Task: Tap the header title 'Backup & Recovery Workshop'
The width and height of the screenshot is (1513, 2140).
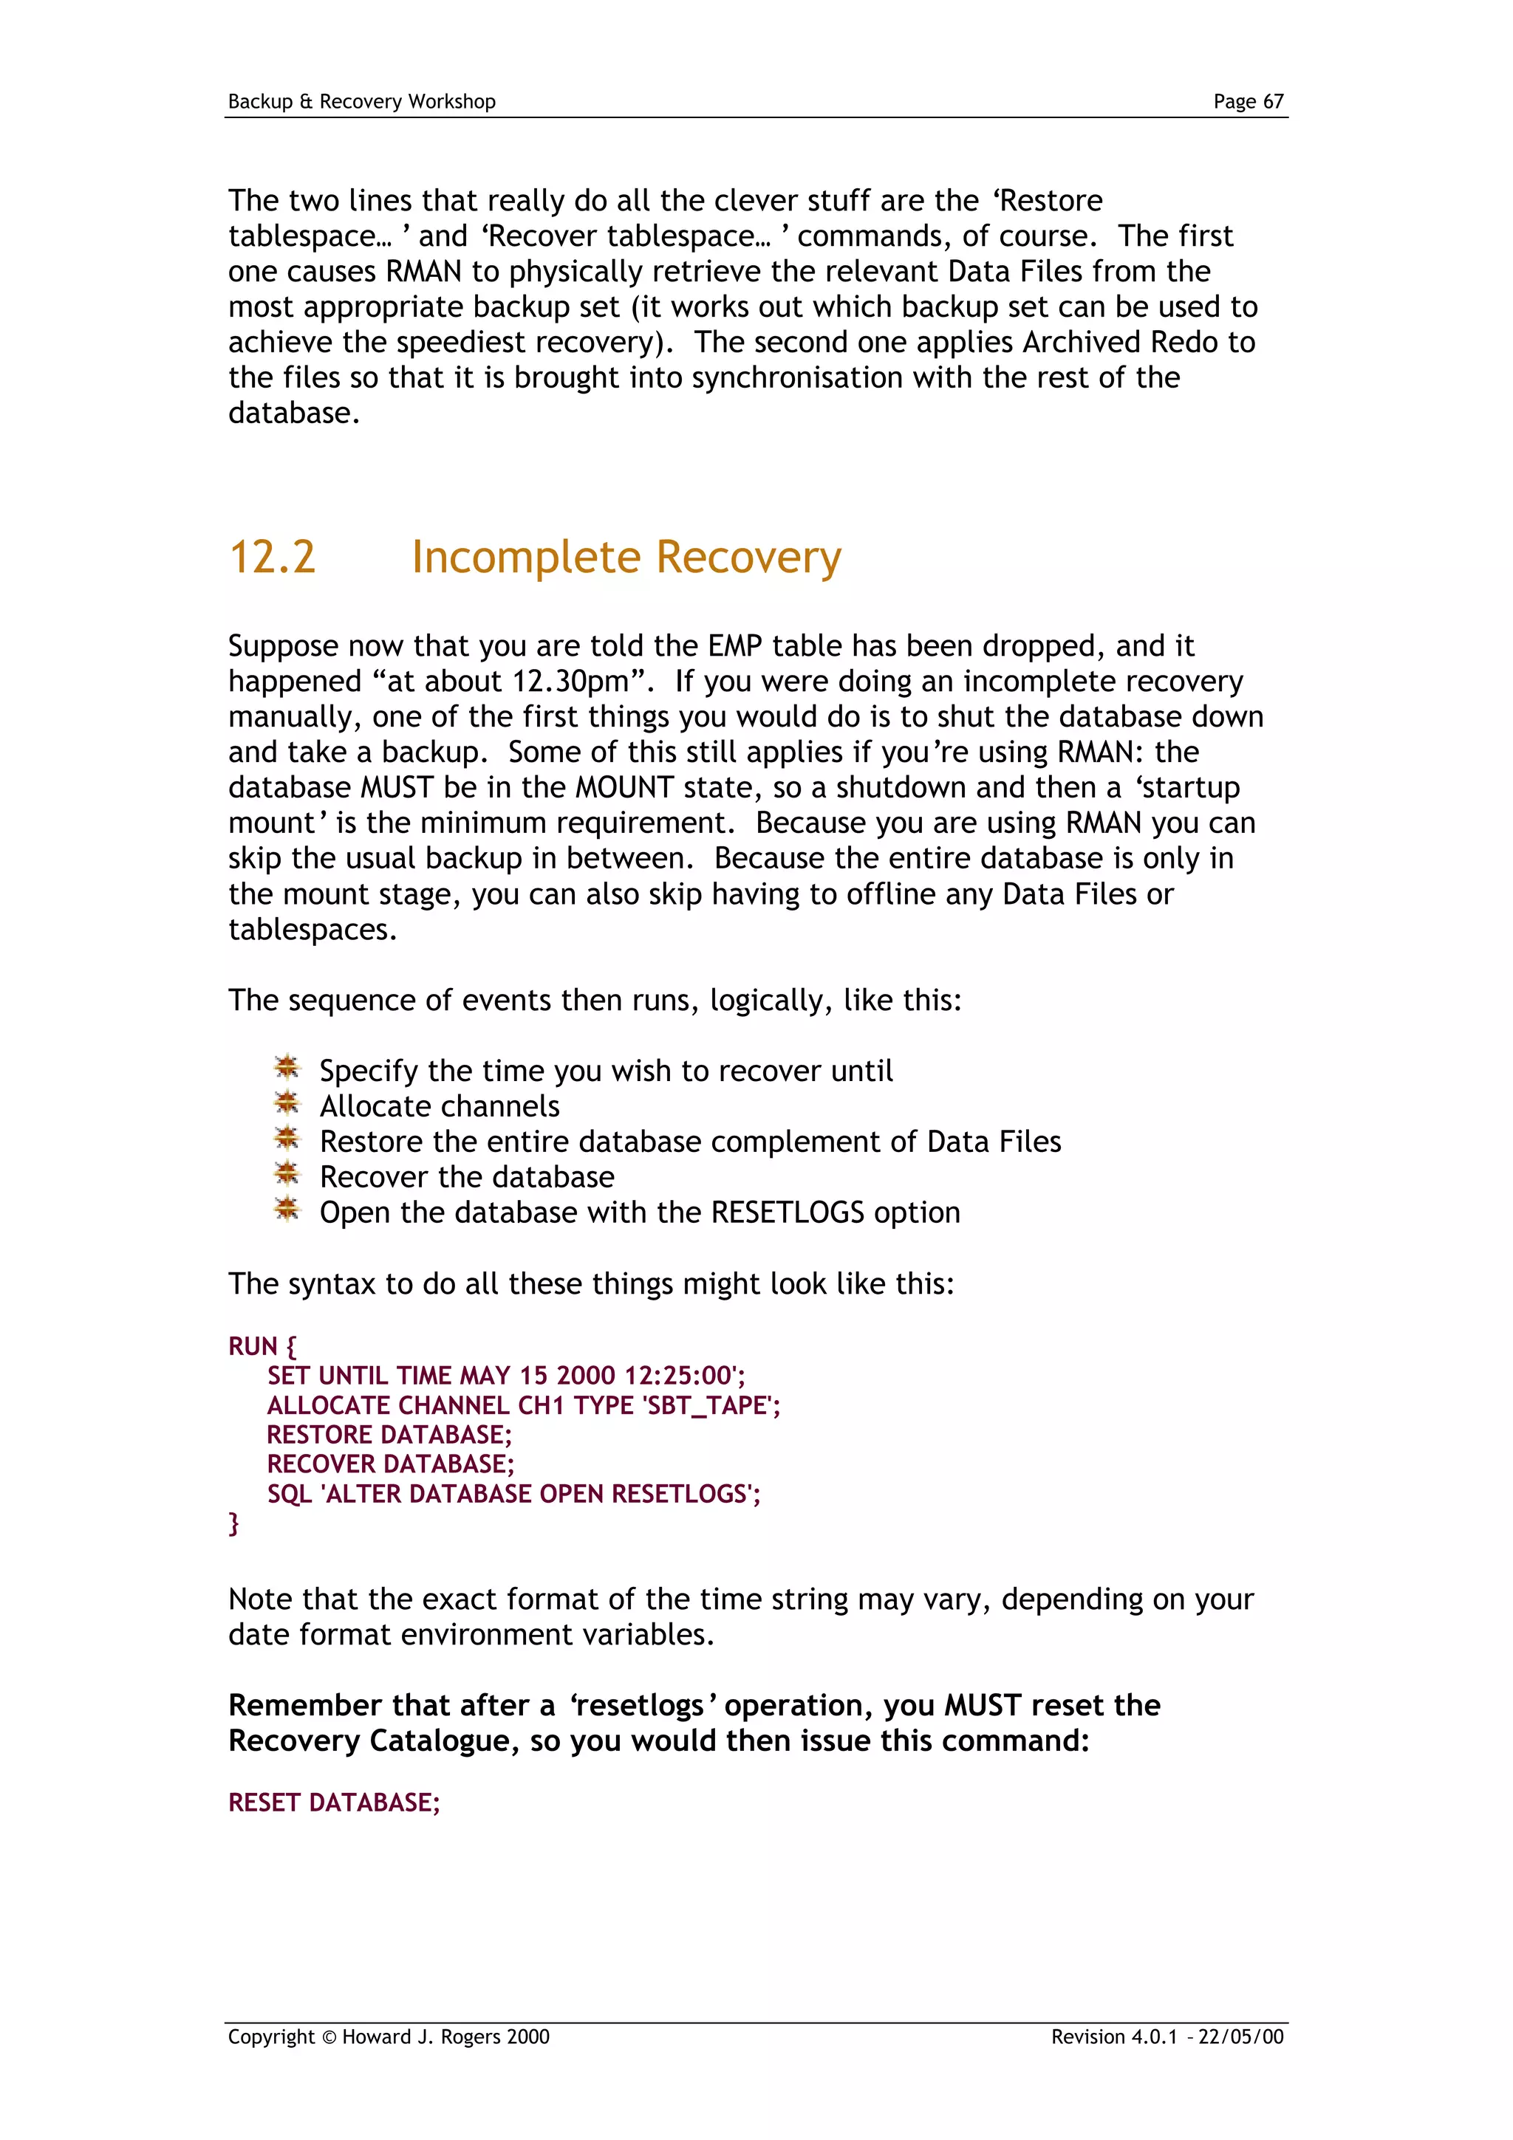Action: (362, 102)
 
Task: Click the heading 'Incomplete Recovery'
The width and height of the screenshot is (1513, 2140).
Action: (626, 558)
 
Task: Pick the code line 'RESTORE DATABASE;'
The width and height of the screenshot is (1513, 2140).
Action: (389, 1435)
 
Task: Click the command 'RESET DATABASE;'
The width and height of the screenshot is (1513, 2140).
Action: (334, 1803)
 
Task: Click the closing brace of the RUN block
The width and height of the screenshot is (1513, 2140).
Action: (234, 1523)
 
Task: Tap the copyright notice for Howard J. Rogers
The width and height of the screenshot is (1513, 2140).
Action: (389, 2037)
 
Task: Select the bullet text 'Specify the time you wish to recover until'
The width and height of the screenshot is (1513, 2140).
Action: (606, 1071)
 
